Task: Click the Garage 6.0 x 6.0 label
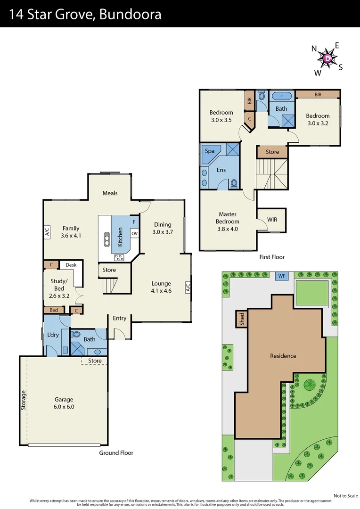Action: click(x=64, y=403)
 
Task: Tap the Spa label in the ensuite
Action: click(x=210, y=151)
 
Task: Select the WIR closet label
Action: click(x=272, y=220)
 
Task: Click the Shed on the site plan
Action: click(x=242, y=319)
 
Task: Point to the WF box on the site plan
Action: click(x=282, y=275)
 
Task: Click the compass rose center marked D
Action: click(x=328, y=58)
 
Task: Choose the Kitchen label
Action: click(x=121, y=237)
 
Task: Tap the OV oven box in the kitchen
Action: click(x=134, y=233)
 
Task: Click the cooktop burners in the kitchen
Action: click(x=119, y=257)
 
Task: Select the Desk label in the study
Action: click(x=71, y=265)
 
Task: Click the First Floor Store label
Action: click(x=272, y=152)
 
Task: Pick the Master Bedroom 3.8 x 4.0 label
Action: click(x=228, y=222)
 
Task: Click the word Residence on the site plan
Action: click(x=283, y=356)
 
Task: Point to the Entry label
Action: click(x=120, y=318)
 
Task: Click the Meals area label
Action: click(x=110, y=193)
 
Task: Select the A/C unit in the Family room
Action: click(x=47, y=232)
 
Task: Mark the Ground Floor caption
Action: click(x=116, y=453)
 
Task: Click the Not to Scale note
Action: click(x=345, y=496)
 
